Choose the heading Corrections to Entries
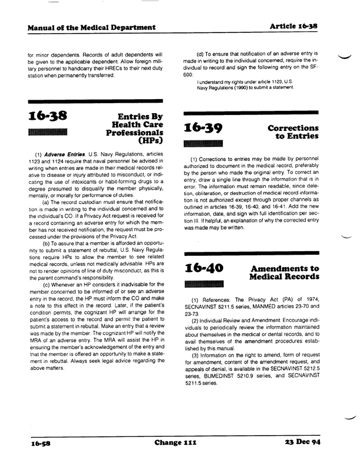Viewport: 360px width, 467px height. [293, 132]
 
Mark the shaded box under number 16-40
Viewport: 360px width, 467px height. [204, 284]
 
